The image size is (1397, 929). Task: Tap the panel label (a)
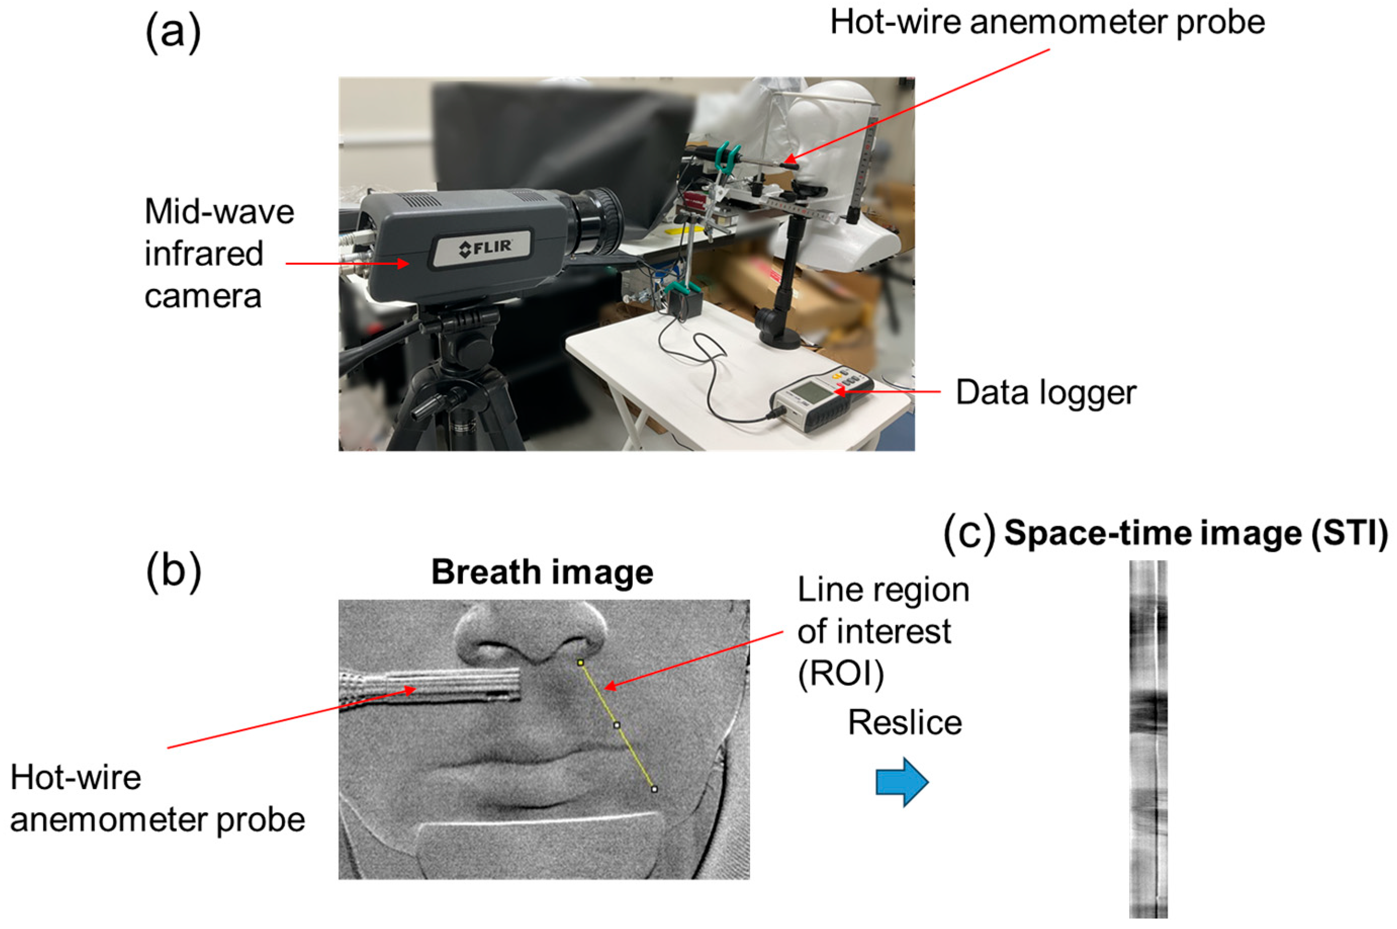(173, 33)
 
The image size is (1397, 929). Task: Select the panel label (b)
(173, 572)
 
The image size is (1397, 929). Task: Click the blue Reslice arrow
(901, 781)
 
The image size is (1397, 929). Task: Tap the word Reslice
(904, 723)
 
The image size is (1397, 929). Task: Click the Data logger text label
(1046, 392)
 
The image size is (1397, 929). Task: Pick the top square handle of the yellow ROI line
(581, 663)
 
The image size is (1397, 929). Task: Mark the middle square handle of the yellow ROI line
(617, 725)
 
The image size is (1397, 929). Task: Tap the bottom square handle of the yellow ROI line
(654, 789)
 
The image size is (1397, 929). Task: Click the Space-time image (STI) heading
(1195, 533)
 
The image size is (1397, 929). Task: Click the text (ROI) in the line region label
(841, 674)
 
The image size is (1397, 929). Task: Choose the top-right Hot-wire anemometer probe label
(1047, 23)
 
